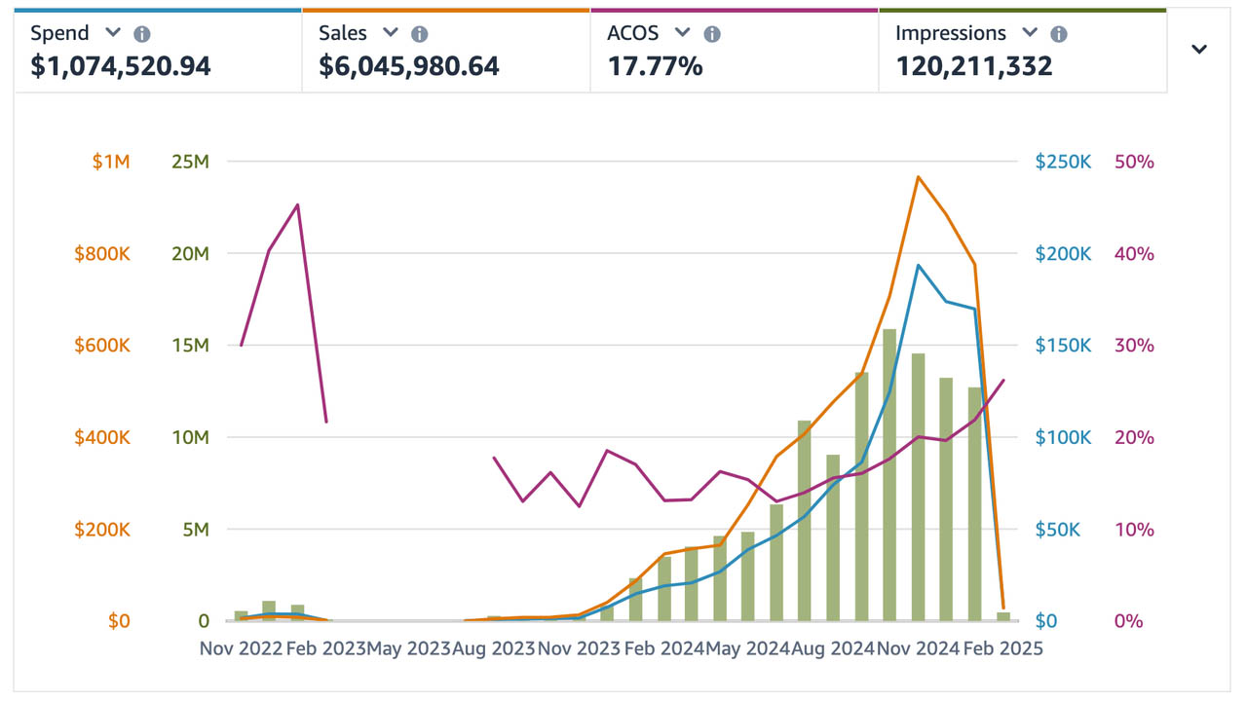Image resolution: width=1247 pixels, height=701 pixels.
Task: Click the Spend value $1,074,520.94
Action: pos(121,66)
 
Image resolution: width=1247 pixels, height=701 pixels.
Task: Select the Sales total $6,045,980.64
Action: pos(409,66)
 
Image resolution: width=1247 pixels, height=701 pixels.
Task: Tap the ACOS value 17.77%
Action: pos(655,66)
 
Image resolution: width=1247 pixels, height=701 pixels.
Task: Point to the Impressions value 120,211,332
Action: pos(974,66)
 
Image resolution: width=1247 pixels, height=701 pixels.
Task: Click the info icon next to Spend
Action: pos(142,34)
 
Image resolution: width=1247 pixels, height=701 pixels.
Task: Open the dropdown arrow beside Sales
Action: pos(391,33)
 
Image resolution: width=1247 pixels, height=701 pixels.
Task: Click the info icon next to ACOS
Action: pos(712,34)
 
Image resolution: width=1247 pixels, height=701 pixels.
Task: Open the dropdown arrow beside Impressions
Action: pos(1030,33)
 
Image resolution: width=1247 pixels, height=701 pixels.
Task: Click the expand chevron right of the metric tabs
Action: pos(1199,50)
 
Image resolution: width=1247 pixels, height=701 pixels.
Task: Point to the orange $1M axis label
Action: pos(110,162)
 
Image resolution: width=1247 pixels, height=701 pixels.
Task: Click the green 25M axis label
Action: pos(189,162)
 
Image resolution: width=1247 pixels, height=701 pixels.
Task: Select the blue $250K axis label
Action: pos(1063,162)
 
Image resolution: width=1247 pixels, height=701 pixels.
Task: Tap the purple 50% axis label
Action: pos(1134,162)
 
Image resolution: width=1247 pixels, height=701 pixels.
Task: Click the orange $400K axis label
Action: pos(102,437)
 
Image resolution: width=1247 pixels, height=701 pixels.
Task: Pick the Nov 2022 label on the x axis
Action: pos(241,648)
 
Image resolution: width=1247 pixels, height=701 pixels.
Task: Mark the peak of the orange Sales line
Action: pos(918,177)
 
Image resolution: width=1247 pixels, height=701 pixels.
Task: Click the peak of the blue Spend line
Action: pos(918,265)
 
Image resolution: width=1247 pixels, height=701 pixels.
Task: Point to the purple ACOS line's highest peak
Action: pos(297,204)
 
